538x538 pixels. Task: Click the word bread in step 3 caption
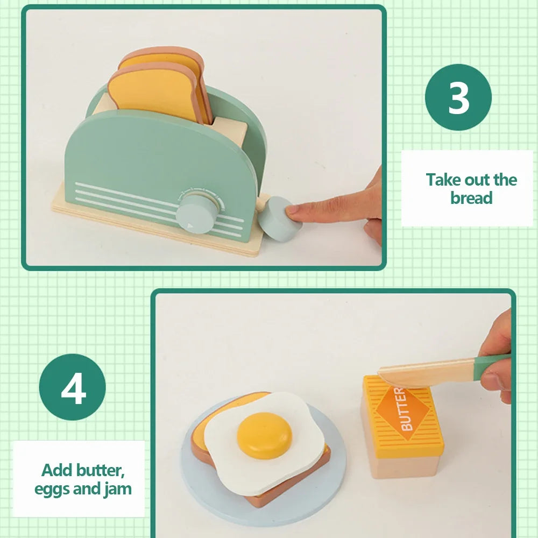(x=471, y=198)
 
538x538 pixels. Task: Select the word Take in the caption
(x=444, y=180)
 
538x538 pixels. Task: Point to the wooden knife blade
(x=425, y=371)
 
